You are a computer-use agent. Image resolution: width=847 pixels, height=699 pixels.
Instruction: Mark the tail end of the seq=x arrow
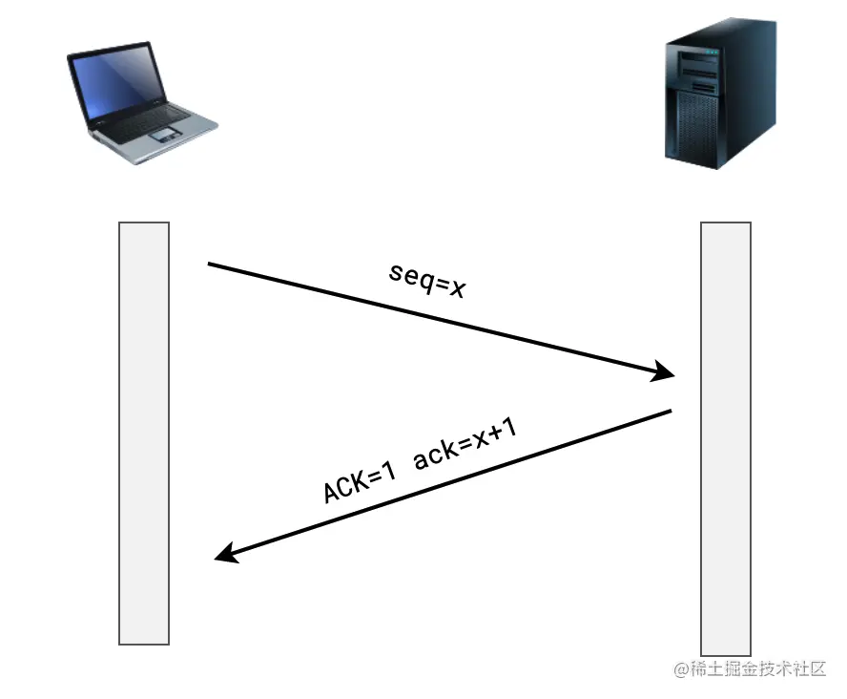pyautogui.click(x=210, y=264)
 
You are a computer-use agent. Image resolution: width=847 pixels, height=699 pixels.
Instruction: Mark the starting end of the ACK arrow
pyautogui.click(x=671, y=412)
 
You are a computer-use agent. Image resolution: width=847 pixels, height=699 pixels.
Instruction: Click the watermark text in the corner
pyautogui.click(x=750, y=669)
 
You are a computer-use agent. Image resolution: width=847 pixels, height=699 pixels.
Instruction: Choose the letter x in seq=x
pyautogui.click(x=457, y=287)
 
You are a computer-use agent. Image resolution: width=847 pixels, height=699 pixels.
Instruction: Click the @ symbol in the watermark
pyautogui.click(x=681, y=669)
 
